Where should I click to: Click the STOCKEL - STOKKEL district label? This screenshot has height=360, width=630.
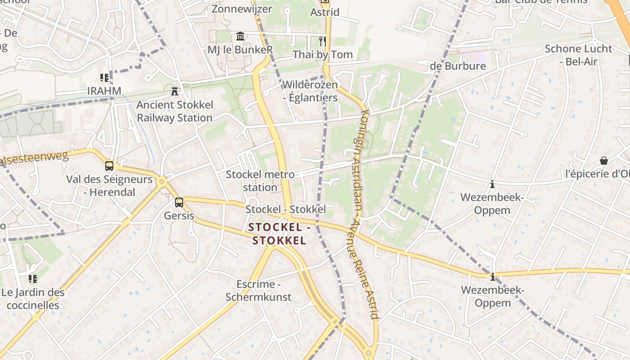click(x=279, y=234)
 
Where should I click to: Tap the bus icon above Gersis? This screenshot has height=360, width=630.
click(x=179, y=202)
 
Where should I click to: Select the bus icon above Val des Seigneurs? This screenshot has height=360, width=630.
click(x=109, y=166)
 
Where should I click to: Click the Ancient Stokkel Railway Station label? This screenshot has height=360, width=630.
click(x=175, y=111)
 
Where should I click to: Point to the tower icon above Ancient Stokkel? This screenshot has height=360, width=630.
click(x=175, y=91)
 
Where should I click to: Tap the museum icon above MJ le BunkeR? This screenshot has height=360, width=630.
click(x=240, y=36)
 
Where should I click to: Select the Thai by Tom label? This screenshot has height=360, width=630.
click(x=323, y=54)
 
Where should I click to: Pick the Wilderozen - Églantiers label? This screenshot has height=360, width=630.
click(x=310, y=91)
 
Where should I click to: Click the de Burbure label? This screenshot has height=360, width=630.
click(x=458, y=66)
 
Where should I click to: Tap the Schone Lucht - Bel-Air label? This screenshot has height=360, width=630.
click(x=578, y=55)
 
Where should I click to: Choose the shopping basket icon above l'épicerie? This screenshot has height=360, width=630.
click(x=604, y=161)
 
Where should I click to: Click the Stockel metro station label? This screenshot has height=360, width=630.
click(x=260, y=180)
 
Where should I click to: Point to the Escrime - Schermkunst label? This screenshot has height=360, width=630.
click(x=258, y=291)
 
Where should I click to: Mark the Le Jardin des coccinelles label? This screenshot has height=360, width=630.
click(x=33, y=299)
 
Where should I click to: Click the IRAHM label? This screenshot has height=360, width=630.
click(x=104, y=91)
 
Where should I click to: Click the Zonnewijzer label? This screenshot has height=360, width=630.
click(x=242, y=9)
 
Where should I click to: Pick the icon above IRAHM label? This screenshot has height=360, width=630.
click(x=104, y=78)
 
